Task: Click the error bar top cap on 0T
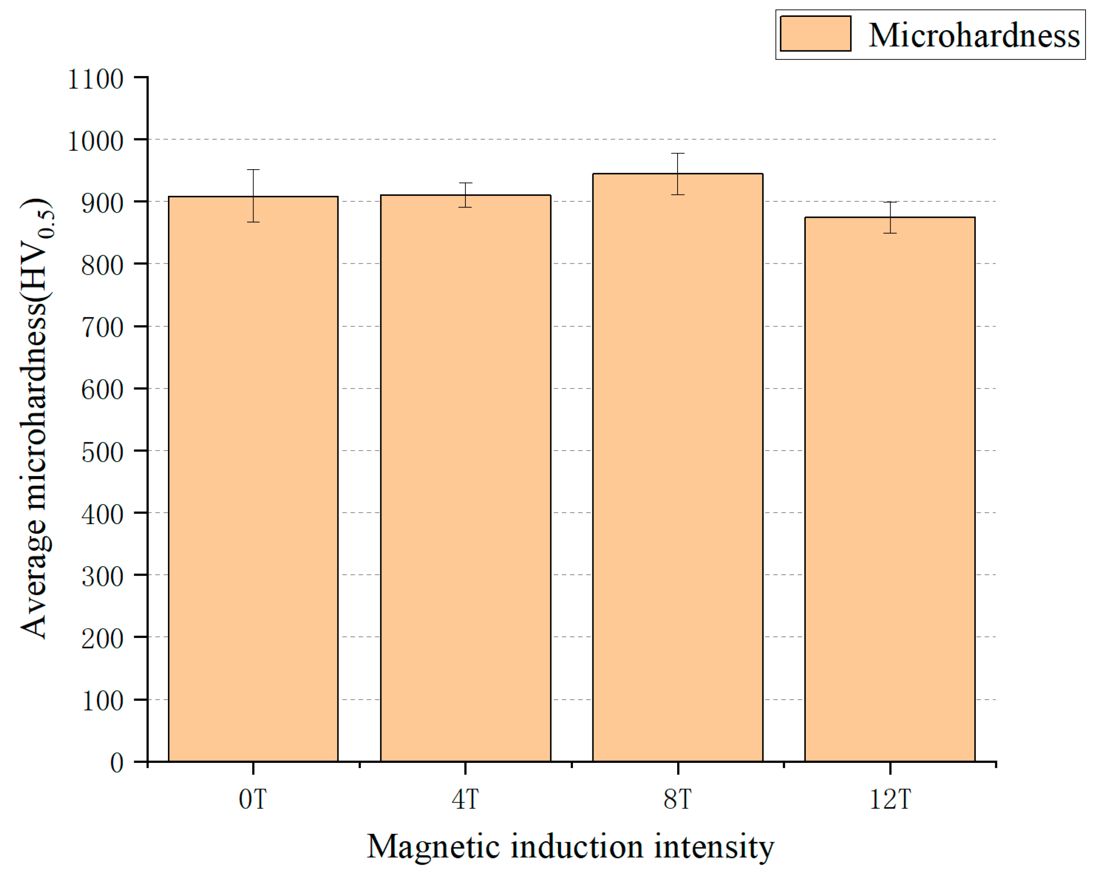pyautogui.click(x=253, y=170)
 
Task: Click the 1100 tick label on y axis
pyautogui.click(x=95, y=80)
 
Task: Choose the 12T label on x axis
pyautogui.click(x=890, y=800)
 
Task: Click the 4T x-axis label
pyautogui.click(x=465, y=800)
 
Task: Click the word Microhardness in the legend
pyautogui.click(x=974, y=35)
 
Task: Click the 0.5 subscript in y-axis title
pyautogui.click(x=47, y=223)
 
